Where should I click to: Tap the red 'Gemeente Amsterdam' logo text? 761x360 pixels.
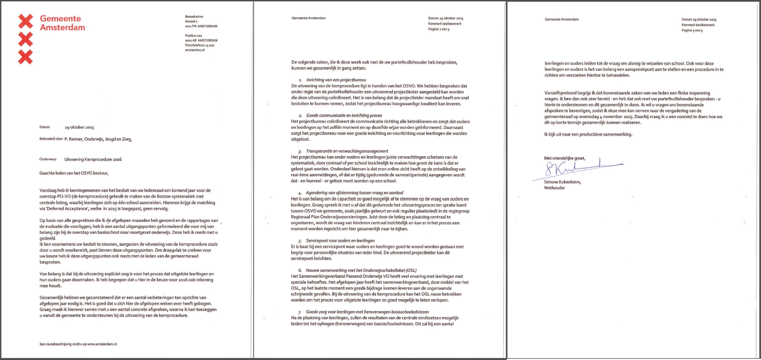(x=62, y=23)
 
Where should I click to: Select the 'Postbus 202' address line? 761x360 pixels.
(x=194, y=36)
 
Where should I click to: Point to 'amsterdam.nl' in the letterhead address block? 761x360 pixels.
(x=195, y=50)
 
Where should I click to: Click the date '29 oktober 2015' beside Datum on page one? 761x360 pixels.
(x=79, y=127)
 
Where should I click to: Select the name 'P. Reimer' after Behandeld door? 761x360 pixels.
(x=73, y=139)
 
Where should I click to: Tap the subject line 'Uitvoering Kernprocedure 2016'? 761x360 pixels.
(x=93, y=159)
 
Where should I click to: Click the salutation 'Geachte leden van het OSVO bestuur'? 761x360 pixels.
(x=74, y=173)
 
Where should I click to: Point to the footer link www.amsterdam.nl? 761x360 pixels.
(x=102, y=344)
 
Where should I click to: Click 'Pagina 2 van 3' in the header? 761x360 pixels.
(x=439, y=29)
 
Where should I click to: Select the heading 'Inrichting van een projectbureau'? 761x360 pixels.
(x=336, y=80)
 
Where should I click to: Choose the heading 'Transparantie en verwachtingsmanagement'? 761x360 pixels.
(x=347, y=151)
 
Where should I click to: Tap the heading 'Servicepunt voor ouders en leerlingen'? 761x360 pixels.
(x=340, y=240)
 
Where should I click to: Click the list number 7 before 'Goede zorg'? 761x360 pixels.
(x=300, y=312)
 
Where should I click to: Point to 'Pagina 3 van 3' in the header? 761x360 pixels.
(x=692, y=30)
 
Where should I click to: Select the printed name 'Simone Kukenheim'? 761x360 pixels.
(x=562, y=182)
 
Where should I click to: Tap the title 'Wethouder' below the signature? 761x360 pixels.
(x=554, y=188)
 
